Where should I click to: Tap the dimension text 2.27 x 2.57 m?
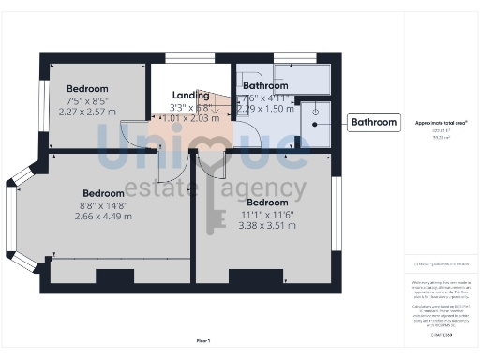click(x=94, y=110)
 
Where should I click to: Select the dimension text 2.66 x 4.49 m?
click(x=103, y=216)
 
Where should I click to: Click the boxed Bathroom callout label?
click(x=374, y=123)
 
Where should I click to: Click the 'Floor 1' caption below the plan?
click(x=202, y=340)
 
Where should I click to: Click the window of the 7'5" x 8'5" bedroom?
click(x=43, y=103)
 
